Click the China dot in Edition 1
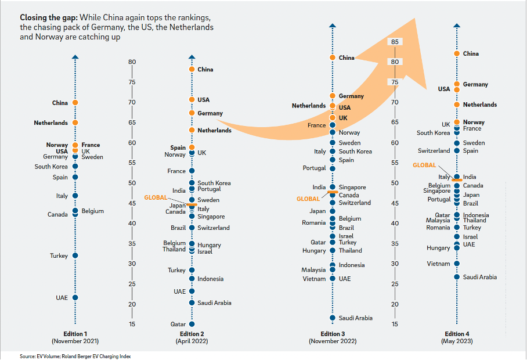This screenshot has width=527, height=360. click(x=75, y=103)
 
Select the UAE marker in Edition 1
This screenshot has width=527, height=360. click(x=75, y=298)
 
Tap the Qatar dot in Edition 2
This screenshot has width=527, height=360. click(x=192, y=324)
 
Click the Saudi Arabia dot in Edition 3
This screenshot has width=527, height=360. click(x=333, y=318)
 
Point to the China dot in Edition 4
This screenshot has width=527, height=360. click(x=457, y=54)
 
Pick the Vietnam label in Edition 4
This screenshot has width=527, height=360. click(x=438, y=264)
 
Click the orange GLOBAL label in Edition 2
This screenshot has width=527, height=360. click(x=156, y=197)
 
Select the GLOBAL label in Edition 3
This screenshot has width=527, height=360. click(x=308, y=199)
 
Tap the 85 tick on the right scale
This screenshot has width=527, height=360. click(x=395, y=42)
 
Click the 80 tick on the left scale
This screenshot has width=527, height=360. click(x=132, y=62)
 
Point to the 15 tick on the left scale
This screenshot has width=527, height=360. click(x=132, y=324)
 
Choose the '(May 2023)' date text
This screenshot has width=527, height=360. click(x=457, y=341)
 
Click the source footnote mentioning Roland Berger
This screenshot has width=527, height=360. click(x=75, y=356)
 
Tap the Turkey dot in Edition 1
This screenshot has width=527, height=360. click(x=75, y=255)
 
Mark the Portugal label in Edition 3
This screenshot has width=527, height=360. click(x=314, y=168)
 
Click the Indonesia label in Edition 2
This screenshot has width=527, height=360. click(x=210, y=279)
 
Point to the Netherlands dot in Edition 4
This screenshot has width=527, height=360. click(x=457, y=105)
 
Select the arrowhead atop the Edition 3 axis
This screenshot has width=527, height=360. click(x=332, y=26)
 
